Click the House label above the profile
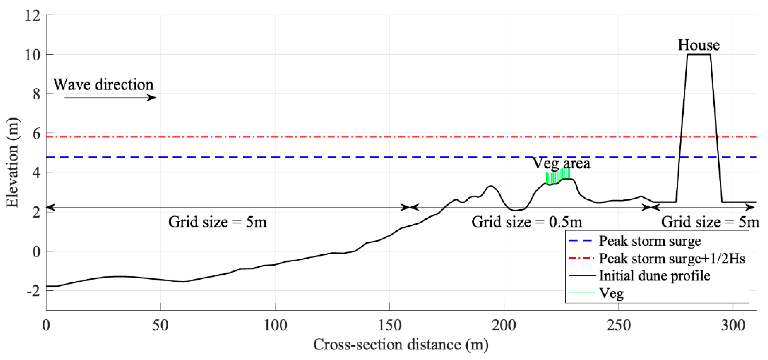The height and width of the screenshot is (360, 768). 699,45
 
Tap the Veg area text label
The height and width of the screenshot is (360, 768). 561,163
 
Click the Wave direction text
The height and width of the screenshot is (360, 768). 103,85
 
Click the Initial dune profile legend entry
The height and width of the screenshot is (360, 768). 655,276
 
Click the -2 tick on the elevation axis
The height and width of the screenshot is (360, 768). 34,291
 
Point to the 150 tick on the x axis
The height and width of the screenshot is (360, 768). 389,325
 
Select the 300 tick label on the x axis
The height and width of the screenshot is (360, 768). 733,325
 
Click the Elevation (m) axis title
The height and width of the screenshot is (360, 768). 12,163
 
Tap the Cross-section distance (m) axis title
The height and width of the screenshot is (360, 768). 401,345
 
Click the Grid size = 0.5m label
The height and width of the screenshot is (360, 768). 527,222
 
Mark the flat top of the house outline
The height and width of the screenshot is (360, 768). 699,54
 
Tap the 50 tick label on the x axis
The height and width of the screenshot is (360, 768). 160,325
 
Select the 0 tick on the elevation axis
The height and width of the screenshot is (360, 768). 36,251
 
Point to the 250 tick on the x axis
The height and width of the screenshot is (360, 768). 618,325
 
